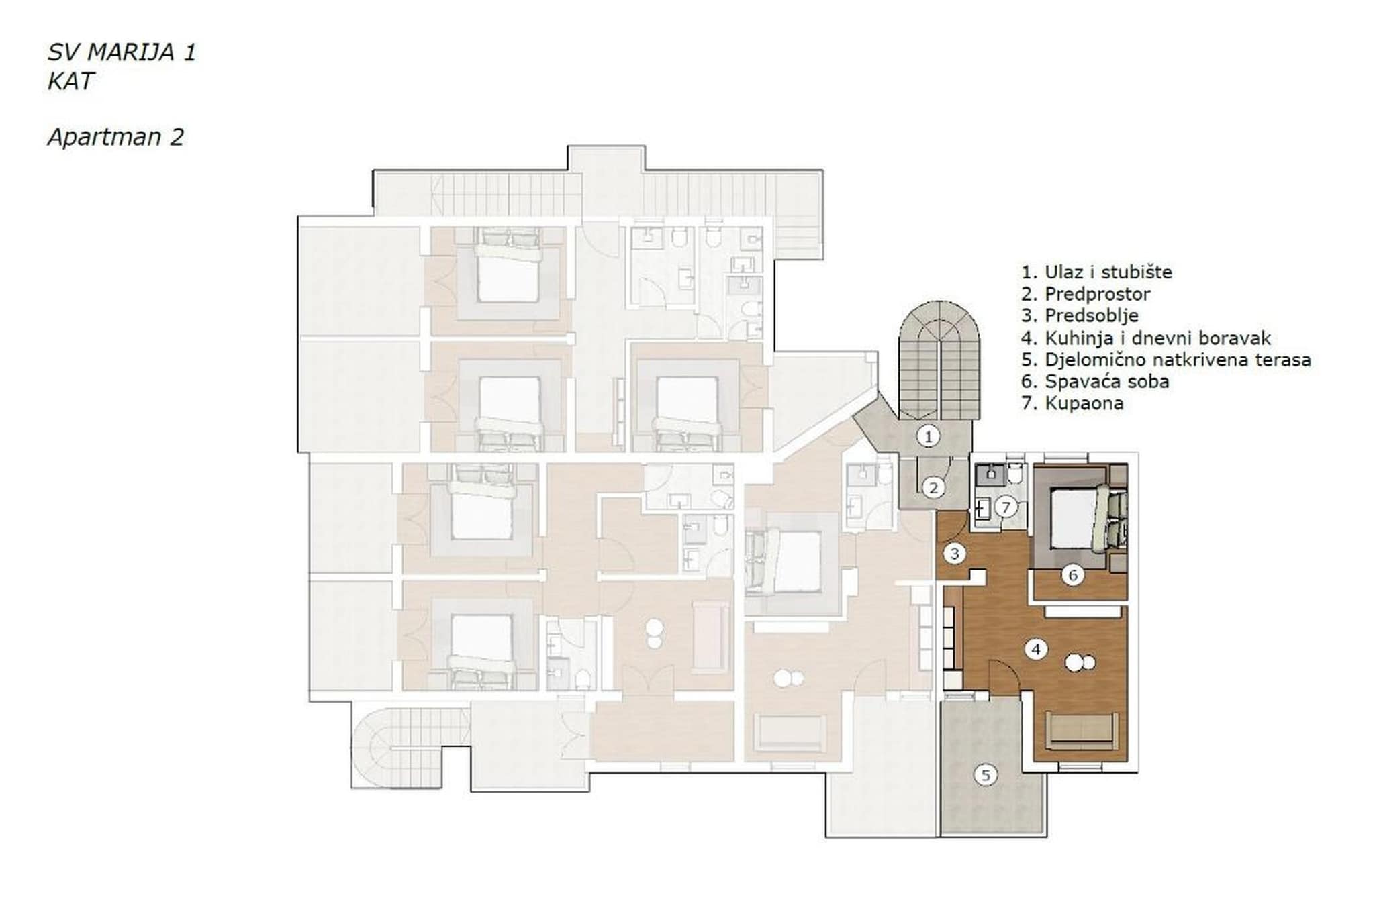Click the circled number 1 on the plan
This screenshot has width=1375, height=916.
(928, 437)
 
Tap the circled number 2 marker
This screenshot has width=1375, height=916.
(933, 488)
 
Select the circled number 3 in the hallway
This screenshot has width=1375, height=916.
(954, 554)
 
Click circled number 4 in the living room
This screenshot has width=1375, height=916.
(1036, 649)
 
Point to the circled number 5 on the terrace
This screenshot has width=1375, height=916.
(985, 776)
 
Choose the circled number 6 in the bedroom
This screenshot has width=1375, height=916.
(1072, 575)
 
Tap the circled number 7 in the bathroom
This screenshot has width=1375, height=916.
(1005, 507)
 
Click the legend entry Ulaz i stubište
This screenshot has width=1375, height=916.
(1096, 272)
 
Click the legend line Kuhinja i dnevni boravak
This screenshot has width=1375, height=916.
(1145, 338)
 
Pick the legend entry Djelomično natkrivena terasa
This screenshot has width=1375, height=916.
(1166, 360)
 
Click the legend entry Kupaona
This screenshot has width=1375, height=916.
(1072, 403)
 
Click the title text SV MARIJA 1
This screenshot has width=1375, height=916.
(122, 52)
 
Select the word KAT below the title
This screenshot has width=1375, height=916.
(70, 81)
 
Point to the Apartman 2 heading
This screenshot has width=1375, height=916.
(115, 137)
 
